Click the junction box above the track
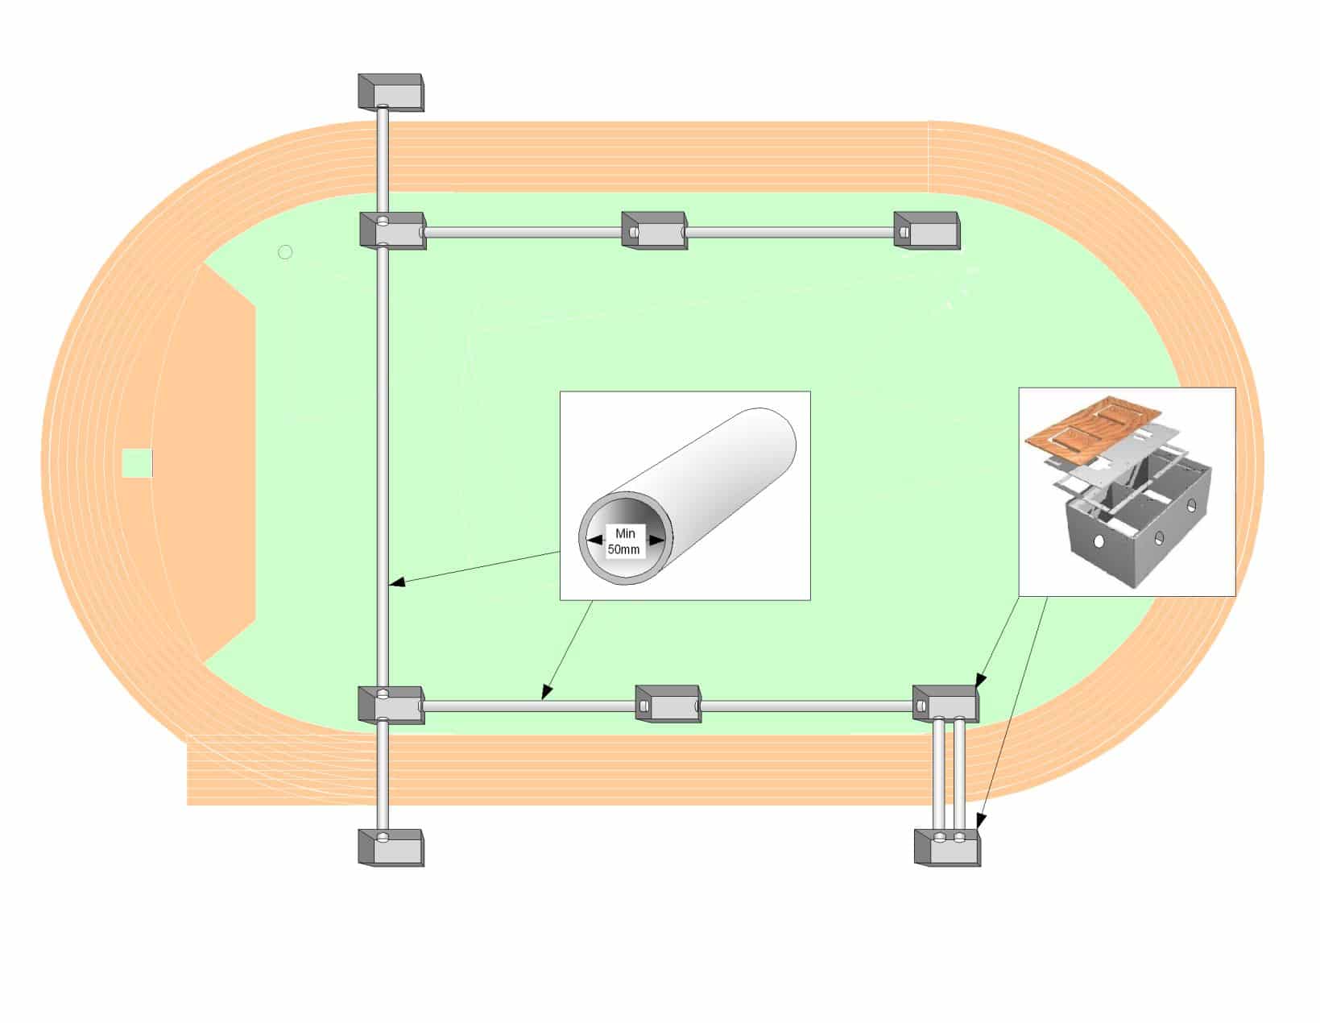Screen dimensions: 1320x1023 391,93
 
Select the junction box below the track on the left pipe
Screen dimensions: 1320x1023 391,847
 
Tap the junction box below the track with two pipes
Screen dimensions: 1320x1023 947,847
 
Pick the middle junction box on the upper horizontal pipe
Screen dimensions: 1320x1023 654,230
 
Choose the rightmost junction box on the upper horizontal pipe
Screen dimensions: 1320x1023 926,230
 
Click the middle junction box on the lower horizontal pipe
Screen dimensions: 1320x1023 668,703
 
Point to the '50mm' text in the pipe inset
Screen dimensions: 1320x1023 624,549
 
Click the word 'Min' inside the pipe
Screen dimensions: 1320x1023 625,533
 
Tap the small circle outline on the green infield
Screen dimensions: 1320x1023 285,252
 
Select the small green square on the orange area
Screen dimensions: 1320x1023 137,463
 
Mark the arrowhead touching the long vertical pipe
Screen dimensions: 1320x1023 396,583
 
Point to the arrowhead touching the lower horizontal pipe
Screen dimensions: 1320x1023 547,692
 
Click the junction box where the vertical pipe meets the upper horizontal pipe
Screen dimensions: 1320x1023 392,230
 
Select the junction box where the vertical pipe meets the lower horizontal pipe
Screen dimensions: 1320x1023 391,705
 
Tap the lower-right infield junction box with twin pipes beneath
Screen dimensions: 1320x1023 946,703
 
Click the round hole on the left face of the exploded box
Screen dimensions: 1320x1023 1099,540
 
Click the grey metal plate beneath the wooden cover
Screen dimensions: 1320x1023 1123,453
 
